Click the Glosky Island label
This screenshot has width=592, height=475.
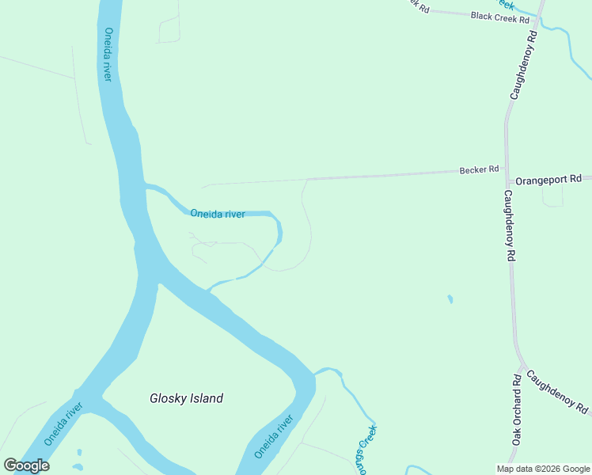[x=186, y=399]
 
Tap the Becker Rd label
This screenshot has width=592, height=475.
[x=480, y=169]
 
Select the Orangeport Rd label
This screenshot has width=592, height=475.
[x=548, y=180]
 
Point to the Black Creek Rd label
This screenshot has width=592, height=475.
[x=499, y=16]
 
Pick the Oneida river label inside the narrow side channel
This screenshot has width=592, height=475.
[x=217, y=214]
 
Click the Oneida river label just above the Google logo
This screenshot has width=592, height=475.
[x=63, y=424]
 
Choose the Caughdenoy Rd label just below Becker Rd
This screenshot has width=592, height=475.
[x=510, y=226]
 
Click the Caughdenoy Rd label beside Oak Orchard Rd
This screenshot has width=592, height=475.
[x=557, y=393]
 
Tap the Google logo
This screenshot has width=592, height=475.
[x=27, y=465]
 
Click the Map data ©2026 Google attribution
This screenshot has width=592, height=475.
[x=543, y=469]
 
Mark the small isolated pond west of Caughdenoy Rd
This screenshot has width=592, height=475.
[x=450, y=299]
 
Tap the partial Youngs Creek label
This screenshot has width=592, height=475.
[x=366, y=449]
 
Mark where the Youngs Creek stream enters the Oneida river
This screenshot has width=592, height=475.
[x=315, y=373]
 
